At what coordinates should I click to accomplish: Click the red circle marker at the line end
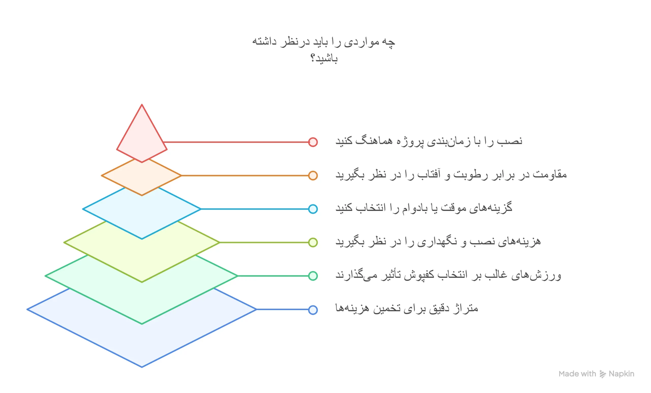point(313,142)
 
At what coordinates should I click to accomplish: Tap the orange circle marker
point(313,175)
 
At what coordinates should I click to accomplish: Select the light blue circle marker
point(313,209)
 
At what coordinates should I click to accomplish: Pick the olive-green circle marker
point(313,242)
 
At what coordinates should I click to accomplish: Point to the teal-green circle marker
point(313,276)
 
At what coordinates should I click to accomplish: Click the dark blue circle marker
point(313,310)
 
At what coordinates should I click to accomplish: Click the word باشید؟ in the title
point(324,58)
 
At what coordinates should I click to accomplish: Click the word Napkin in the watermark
point(622,374)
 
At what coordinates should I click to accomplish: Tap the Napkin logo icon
point(603,374)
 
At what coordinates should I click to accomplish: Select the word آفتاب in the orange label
point(429,175)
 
